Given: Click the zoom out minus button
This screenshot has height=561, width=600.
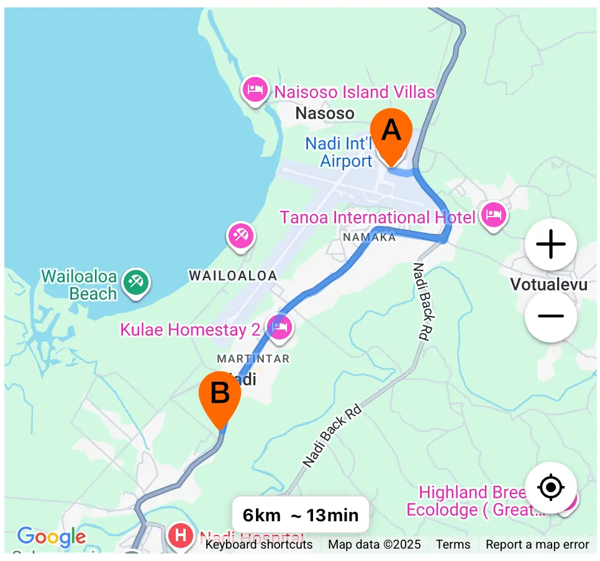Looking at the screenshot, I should [x=551, y=316].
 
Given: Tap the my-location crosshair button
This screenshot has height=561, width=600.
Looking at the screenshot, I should [x=551, y=488].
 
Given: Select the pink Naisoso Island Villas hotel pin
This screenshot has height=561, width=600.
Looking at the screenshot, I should [x=255, y=91].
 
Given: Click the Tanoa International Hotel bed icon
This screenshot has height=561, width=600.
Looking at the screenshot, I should [x=494, y=216].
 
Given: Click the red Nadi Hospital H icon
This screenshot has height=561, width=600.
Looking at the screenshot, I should [x=181, y=534].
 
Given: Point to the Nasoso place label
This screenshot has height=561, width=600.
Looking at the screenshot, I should [x=325, y=114].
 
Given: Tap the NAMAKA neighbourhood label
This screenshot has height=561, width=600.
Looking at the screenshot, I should [x=369, y=237].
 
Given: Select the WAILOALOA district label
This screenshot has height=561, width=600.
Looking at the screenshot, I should [x=233, y=276].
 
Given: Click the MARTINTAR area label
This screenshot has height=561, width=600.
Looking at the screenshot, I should [x=253, y=359].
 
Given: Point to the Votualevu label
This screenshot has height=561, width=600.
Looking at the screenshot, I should [x=548, y=285].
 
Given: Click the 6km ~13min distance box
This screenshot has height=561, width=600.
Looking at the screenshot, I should [x=301, y=515].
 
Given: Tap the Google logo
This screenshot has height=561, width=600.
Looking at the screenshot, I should [x=52, y=537].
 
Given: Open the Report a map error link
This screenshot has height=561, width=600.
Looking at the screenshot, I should [x=537, y=545].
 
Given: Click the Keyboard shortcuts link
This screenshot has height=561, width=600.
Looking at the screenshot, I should [x=259, y=545].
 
